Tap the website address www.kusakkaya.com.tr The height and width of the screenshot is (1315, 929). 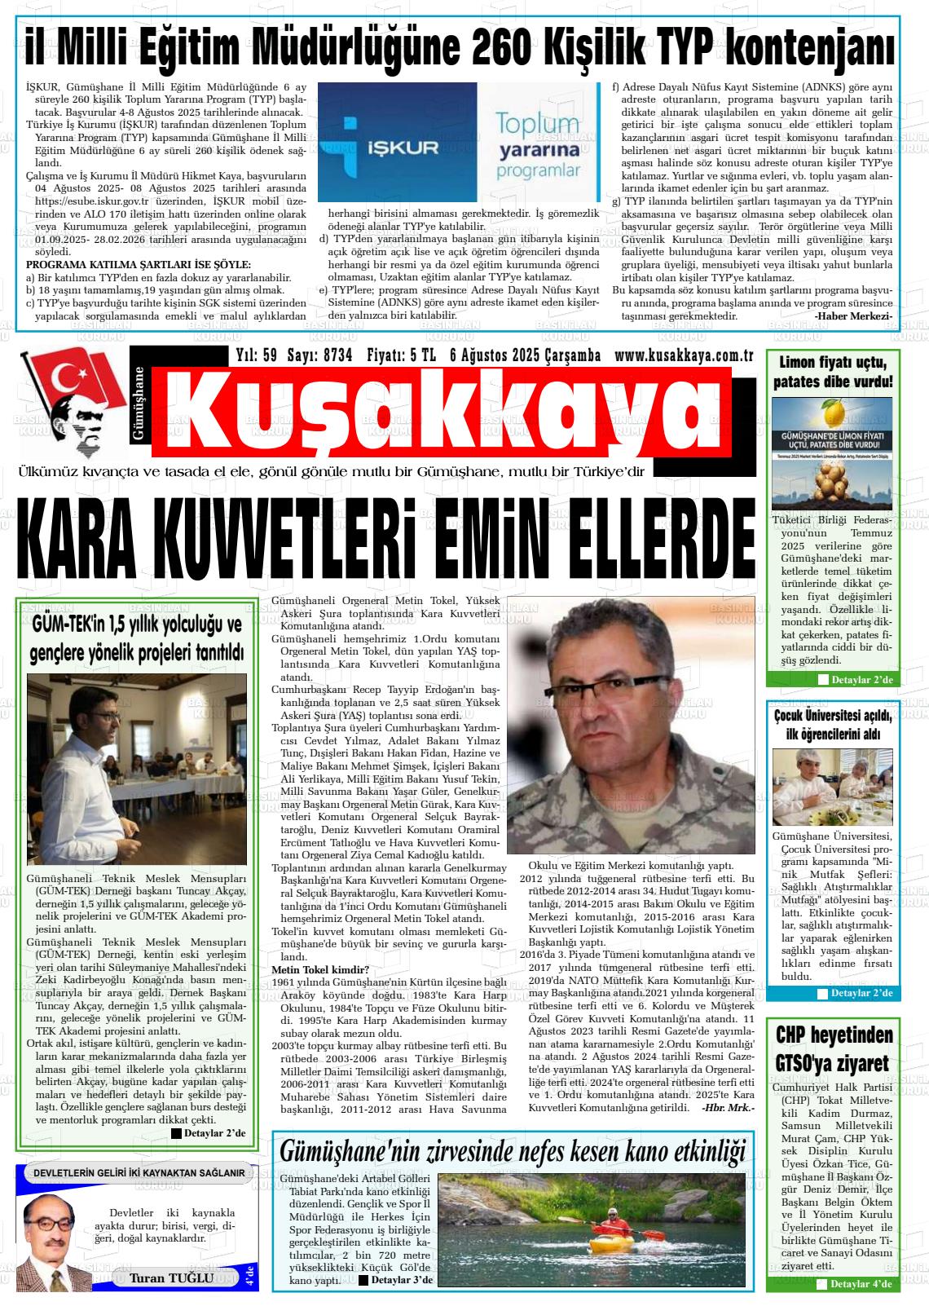pyautogui.click(x=683, y=355)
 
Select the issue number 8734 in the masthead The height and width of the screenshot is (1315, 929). pyautogui.click(x=337, y=355)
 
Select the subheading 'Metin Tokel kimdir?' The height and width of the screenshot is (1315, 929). pyautogui.click(x=320, y=969)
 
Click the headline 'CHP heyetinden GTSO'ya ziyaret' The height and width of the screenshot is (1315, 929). pyautogui.click(x=834, y=1049)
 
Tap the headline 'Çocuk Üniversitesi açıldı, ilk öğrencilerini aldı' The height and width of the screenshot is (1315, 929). pyautogui.click(x=833, y=725)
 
